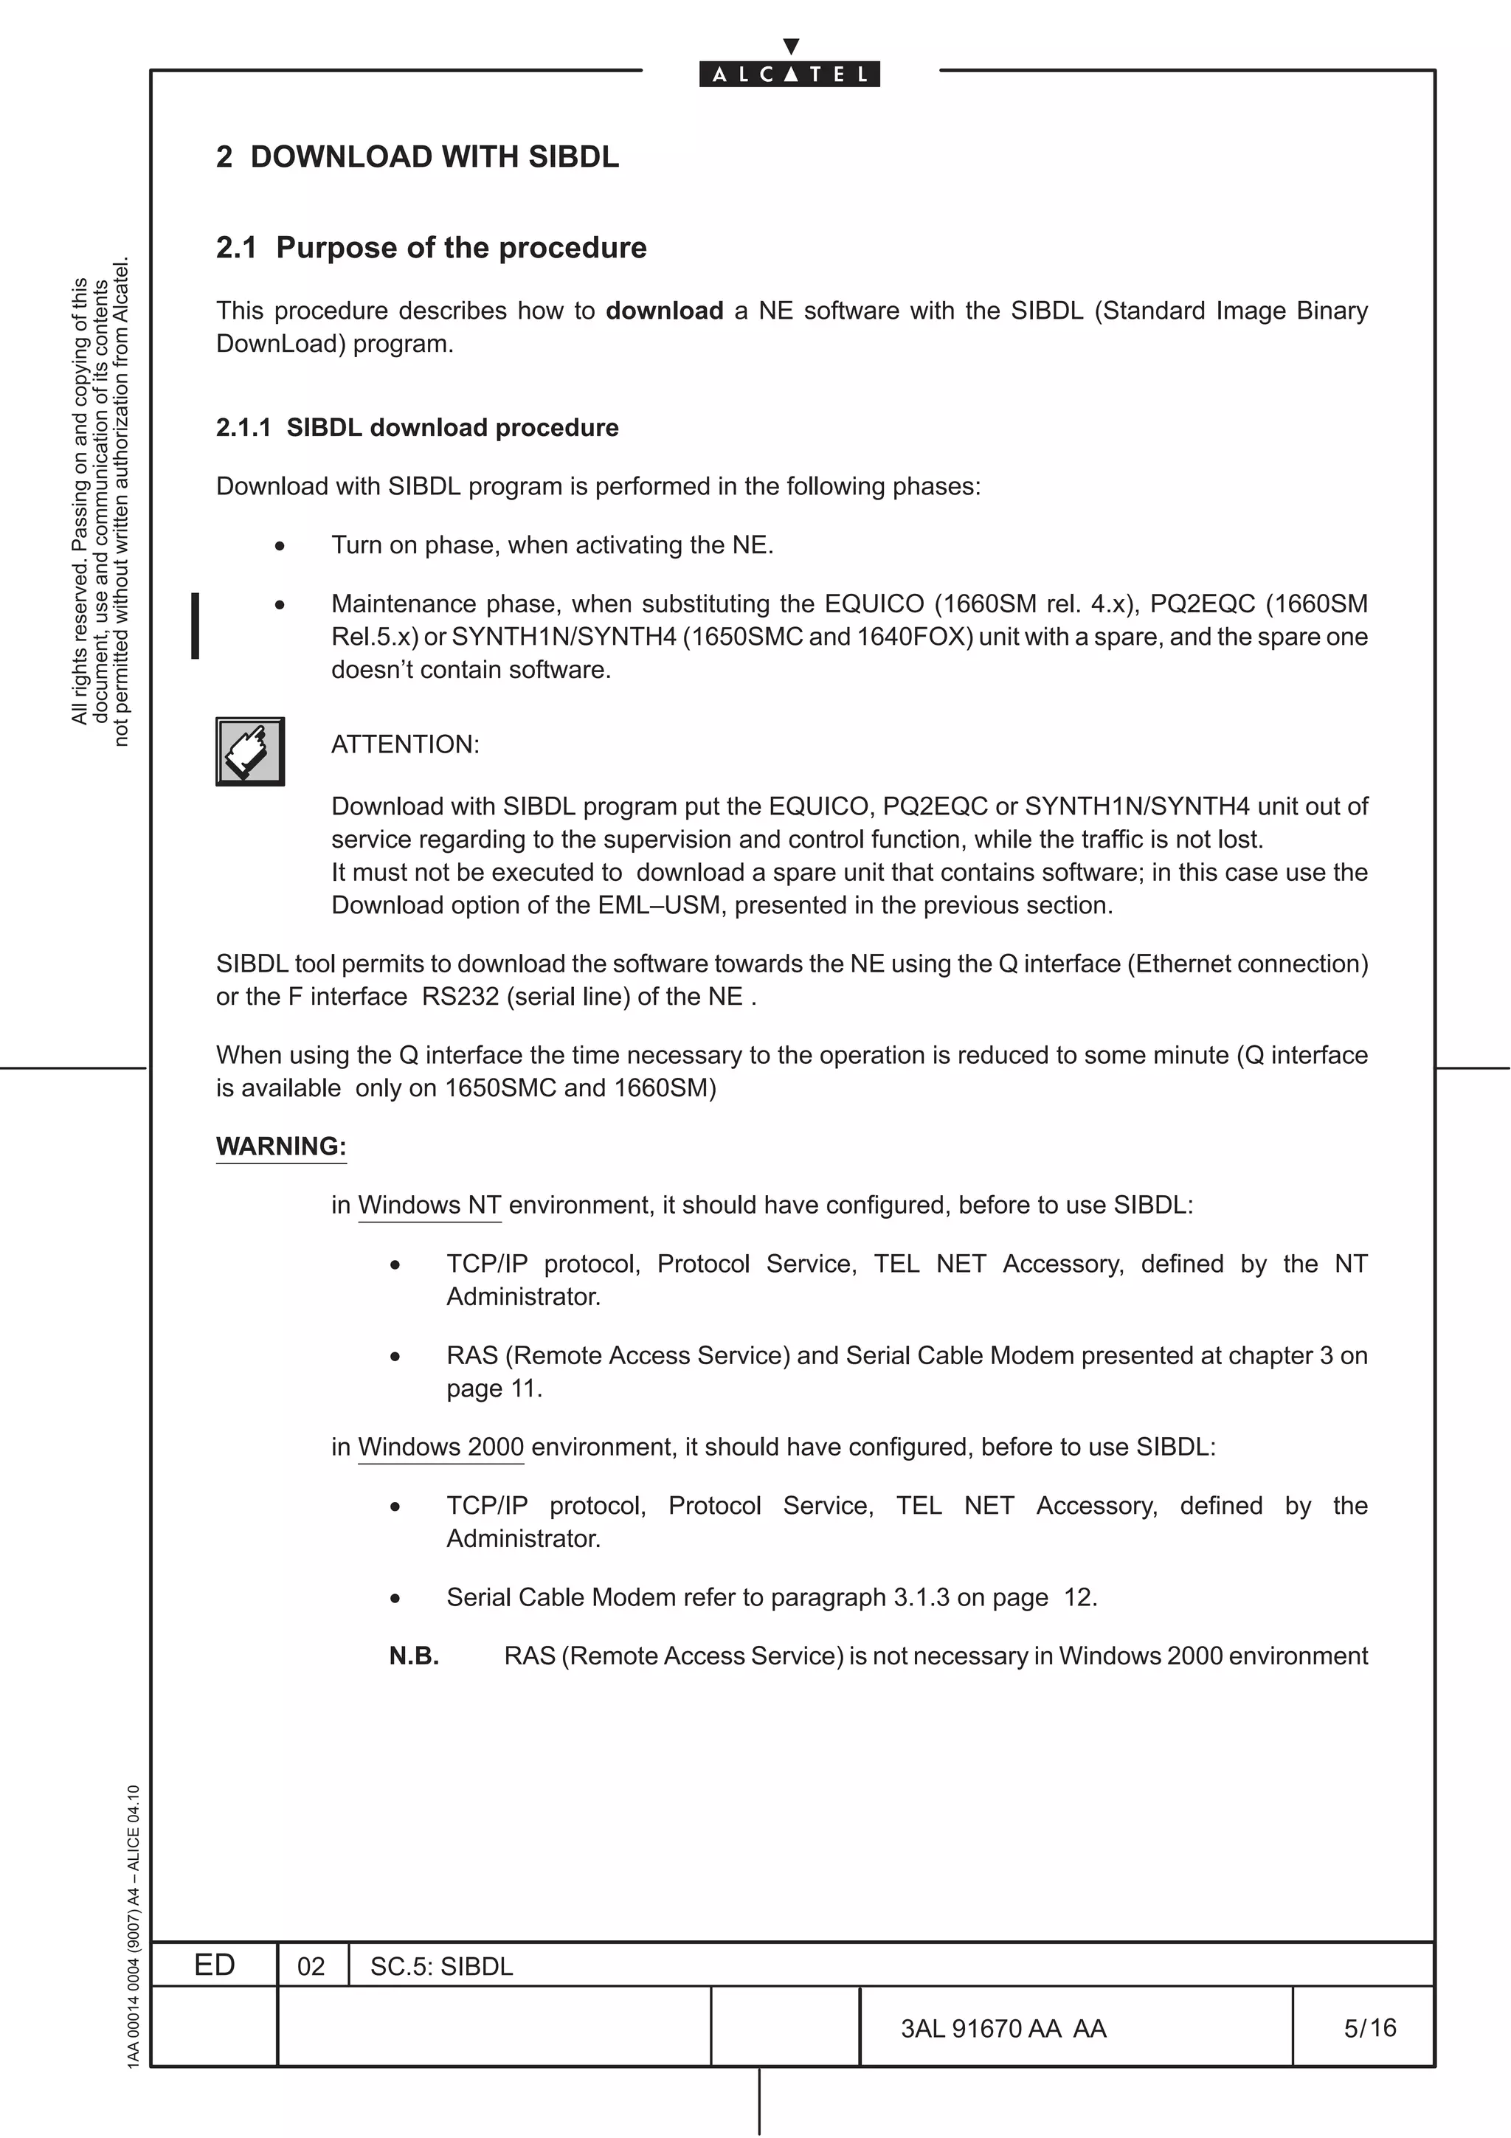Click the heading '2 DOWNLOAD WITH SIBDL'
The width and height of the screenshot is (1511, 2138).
click(x=417, y=156)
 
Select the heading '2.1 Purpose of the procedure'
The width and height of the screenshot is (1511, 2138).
click(x=431, y=248)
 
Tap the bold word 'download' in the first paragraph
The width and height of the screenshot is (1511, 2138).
click(x=664, y=311)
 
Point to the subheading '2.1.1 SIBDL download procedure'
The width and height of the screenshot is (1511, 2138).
click(x=417, y=427)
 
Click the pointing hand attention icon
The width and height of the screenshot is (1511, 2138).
click(x=249, y=752)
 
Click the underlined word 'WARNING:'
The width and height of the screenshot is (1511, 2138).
click(x=281, y=1146)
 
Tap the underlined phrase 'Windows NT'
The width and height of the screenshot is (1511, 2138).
click(x=429, y=1205)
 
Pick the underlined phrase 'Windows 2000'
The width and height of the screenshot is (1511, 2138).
click(x=440, y=1447)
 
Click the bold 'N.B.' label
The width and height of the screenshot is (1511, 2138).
click(x=413, y=1656)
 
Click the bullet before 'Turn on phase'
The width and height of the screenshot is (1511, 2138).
click(x=280, y=547)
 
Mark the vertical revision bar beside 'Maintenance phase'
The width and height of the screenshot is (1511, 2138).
click(x=195, y=625)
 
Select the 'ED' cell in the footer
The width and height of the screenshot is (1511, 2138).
click(x=214, y=1965)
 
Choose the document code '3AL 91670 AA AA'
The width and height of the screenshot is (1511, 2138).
click(x=1003, y=2028)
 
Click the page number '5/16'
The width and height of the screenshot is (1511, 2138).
click(x=1369, y=2027)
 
